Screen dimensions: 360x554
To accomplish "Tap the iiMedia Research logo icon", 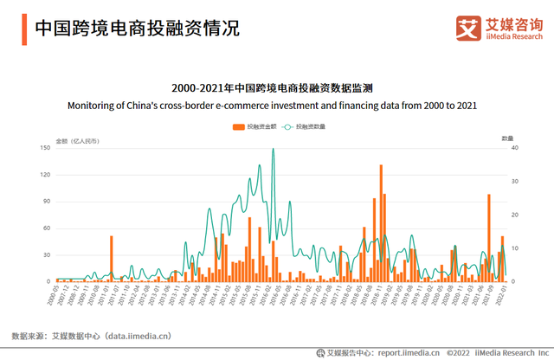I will (468, 27).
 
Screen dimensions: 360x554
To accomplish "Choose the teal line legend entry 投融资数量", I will (304, 126).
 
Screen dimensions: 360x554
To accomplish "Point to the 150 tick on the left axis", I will (47, 148).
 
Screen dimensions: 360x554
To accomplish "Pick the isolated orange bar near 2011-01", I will (111, 258).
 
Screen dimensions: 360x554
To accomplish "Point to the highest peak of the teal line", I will (274, 150).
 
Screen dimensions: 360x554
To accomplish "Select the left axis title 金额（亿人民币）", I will (77, 139).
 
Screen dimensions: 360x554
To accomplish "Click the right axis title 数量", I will (507, 138).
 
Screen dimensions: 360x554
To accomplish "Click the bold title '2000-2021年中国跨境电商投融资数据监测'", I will (273, 88).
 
